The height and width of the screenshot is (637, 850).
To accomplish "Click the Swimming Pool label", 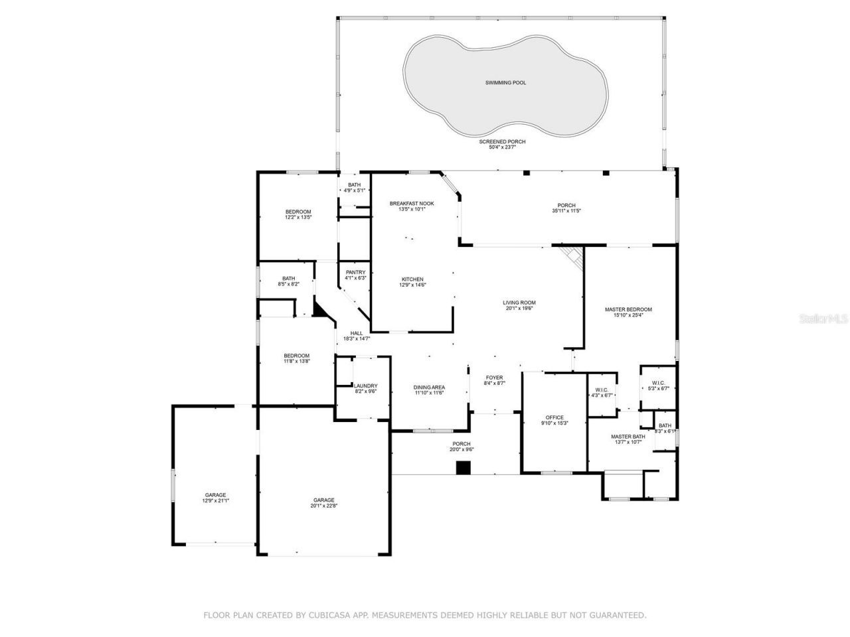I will point(505,83).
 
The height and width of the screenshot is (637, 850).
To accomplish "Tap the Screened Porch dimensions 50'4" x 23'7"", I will point(502,147).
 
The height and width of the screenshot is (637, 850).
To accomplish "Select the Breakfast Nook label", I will point(412,204).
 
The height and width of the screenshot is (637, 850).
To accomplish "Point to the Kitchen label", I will point(412,279).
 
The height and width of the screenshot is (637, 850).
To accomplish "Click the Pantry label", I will point(355,272).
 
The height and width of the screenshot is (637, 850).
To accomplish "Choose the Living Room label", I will point(519,303).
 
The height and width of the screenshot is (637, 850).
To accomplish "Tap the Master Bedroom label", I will point(628,309).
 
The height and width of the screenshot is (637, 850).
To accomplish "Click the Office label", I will point(554,417).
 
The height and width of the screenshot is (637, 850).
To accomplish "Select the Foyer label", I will point(494,378).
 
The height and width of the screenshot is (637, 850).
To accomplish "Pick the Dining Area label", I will point(429,388).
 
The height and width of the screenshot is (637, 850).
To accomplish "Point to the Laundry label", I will point(365,386).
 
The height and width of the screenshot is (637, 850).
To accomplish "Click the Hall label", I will point(357,333).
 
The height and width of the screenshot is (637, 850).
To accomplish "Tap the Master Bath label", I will point(628,437).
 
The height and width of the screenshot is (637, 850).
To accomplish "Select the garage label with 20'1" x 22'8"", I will point(324,500).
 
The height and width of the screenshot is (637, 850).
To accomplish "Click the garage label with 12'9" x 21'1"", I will point(215,495).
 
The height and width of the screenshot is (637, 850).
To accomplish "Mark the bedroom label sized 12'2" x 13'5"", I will point(298,212).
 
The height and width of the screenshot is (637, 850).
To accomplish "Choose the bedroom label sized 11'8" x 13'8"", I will point(297,356).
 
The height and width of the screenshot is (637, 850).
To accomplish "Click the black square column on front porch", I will point(463,468).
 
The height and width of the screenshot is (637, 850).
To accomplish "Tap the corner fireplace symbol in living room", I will point(572,257).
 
